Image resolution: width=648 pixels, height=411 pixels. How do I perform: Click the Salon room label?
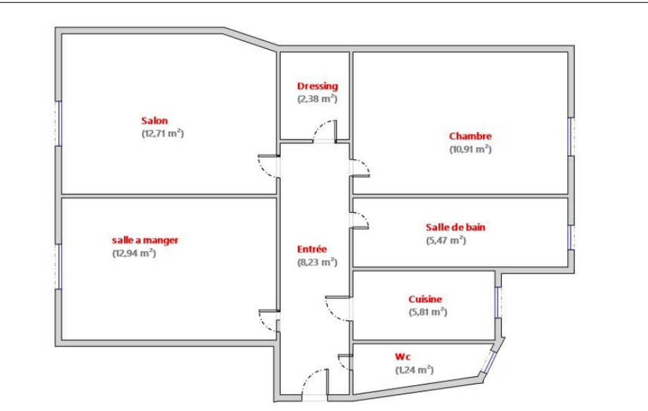pyautogui.click(x=154, y=121)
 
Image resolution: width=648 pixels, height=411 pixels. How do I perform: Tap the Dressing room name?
pyautogui.click(x=317, y=87)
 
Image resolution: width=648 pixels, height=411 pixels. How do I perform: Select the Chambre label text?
pyautogui.click(x=470, y=137)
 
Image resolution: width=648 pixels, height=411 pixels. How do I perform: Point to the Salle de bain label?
pyautogui.click(x=455, y=228)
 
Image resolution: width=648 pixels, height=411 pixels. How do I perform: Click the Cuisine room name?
pyautogui.click(x=425, y=299)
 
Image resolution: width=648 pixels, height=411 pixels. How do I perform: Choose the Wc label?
pyautogui.click(x=403, y=357)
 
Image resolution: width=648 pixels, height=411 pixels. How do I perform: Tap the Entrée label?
pyautogui.click(x=312, y=249)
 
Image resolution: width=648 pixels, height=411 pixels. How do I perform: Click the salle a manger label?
pyautogui.click(x=145, y=240)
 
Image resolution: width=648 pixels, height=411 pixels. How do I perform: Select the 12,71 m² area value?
pyautogui.click(x=163, y=133)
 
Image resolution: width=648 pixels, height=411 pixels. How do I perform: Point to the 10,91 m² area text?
pyautogui.click(x=470, y=149)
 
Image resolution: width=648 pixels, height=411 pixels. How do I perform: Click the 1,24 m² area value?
pyautogui.click(x=415, y=370)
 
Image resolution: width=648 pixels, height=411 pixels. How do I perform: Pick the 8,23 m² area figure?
pyautogui.click(x=317, y=262)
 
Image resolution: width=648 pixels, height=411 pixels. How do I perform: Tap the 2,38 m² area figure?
pyautogui.click(x=317, y=99)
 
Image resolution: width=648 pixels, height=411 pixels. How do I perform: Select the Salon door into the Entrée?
pyautogui.click(x=268, y=167)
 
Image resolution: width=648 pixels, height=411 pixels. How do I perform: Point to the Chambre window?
pyautogui.click(x=571, y=137)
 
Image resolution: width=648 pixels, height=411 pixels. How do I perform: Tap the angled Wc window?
pyautogui.click(x=490, y=362)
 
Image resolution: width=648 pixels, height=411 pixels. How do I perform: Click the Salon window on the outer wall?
pyautogui.click(x=59, y=124)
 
